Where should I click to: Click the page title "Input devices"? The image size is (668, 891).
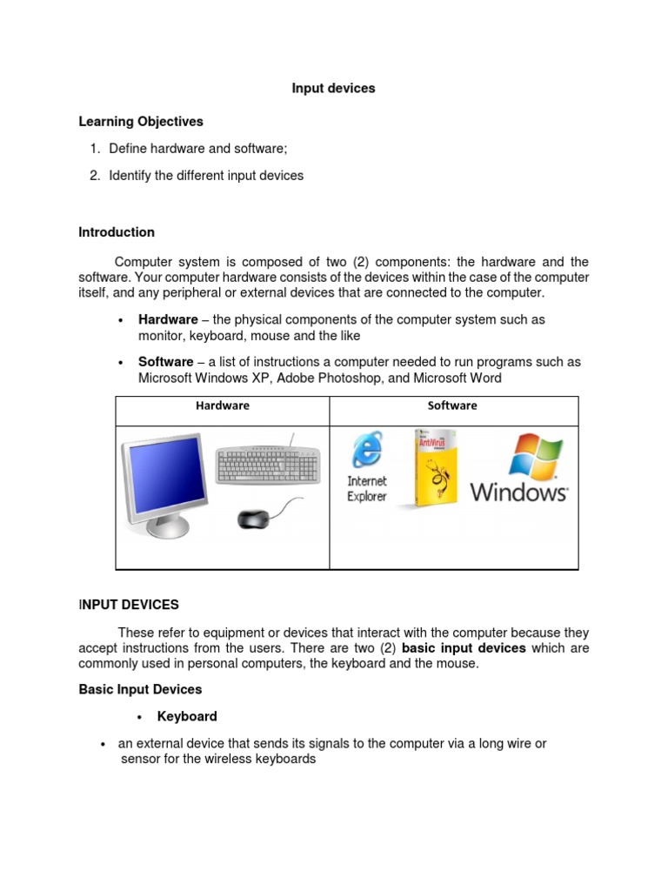point(333,89)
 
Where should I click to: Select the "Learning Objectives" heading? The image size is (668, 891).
point(141,121)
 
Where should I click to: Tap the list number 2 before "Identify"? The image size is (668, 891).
point(95,176)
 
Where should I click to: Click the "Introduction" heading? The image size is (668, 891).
point(117,232)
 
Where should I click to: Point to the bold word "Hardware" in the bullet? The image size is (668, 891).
point(168,320)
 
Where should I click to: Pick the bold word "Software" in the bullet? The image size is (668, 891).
point(165,362)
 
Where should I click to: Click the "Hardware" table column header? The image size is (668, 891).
point(222,405)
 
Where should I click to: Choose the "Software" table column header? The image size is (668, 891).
point(452,405)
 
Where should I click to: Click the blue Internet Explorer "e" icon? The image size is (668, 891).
point(365,452)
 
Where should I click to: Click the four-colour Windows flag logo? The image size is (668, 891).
point(535,456)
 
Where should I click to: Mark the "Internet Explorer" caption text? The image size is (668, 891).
point(367,489)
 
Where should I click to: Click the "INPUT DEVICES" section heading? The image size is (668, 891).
point(129,604)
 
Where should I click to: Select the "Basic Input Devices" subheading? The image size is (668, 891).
point(140,689)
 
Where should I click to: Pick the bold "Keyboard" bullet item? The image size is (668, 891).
point(187,717)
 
